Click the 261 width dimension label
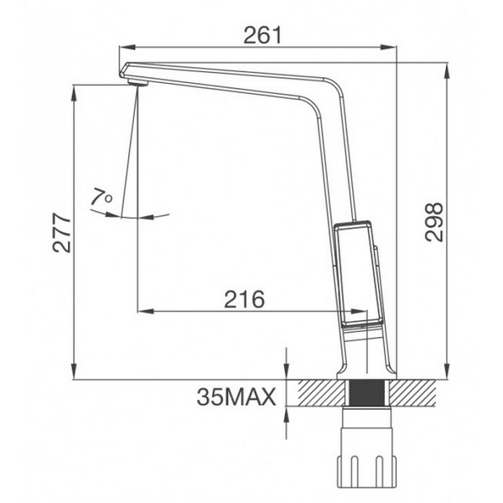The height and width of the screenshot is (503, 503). (262, 34)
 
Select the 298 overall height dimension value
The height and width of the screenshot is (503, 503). (433, 221)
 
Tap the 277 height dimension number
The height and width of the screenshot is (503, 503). (60, 232)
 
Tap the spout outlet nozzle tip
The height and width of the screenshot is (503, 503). (137, 80)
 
